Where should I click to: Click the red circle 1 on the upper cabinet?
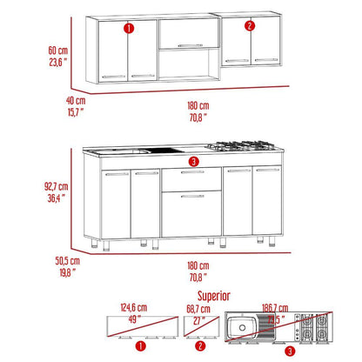(x=129, y=29)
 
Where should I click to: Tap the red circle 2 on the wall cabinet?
(x=250, y=26)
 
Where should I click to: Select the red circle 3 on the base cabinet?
(x=193, y=162)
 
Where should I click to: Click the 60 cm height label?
(x=58, y=50)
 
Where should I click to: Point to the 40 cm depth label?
(x=76, y=101)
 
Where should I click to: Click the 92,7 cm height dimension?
(x=57, y=186)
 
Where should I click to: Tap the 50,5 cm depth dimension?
(x=68, y=260)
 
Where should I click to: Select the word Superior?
(x=214, y=296)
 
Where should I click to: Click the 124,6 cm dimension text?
(x=134, y=307)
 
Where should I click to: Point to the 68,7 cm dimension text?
(x=198, y=309)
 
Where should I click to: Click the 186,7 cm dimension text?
(x=275, y=308)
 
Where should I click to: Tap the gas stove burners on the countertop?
(x=241, y=145)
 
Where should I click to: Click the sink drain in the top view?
(x=242, y=327)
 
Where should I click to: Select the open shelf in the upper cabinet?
(x=189, y=64)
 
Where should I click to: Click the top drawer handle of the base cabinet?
(x=192, y=172)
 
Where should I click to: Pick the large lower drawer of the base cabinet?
(x=191, y=214)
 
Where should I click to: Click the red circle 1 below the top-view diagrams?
(x=141, y=345)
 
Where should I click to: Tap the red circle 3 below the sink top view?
(x=290, y=352)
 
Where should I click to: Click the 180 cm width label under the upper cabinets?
(x=198, y=105)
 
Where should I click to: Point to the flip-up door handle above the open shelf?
(x=191, y=45)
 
